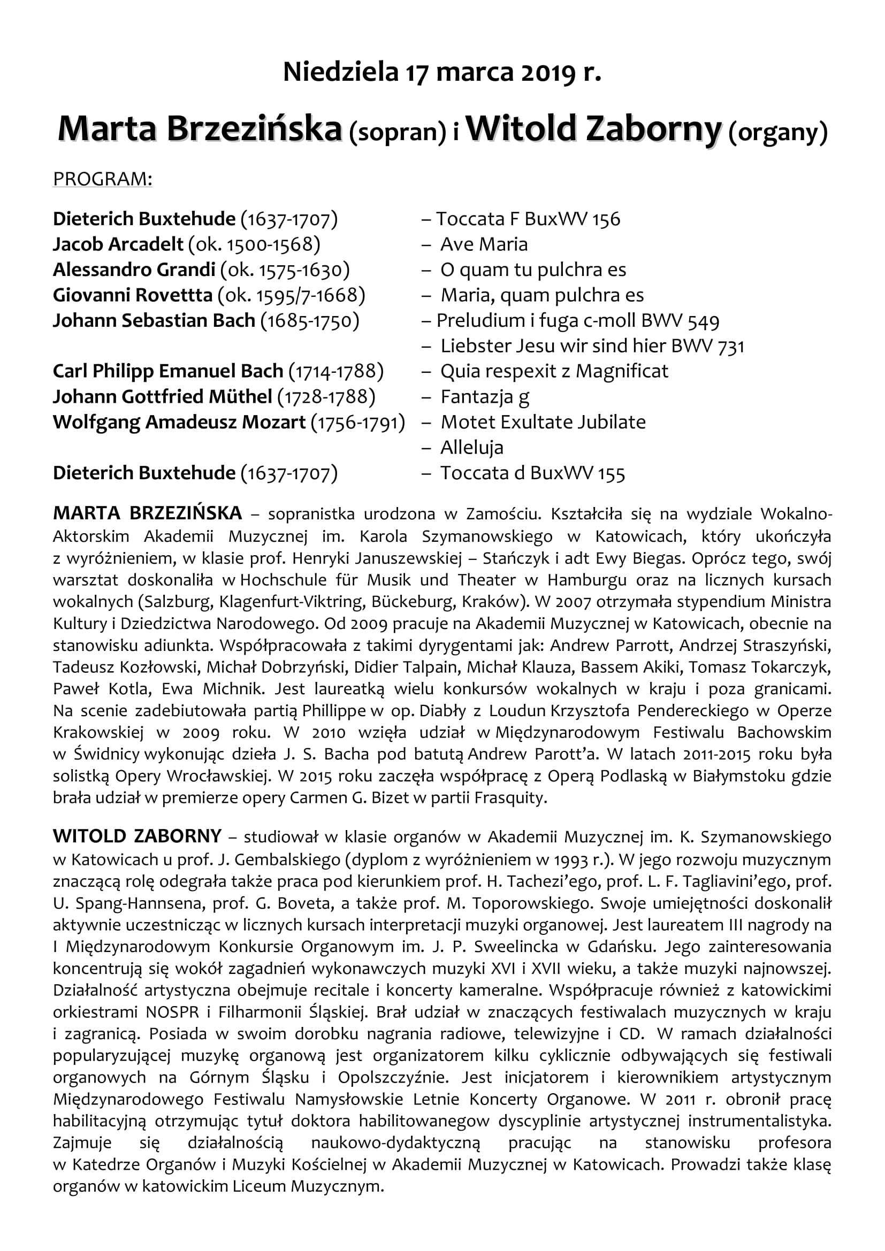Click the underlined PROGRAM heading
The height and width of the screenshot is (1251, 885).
(x=102, y=179)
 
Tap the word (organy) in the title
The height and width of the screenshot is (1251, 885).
(x=778, y=132)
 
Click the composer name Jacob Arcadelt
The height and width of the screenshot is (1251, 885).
(x=118, y=244)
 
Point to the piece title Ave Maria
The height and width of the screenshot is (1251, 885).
(x=484, y=244)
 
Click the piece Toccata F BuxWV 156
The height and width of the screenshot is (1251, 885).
(x=528, y=219)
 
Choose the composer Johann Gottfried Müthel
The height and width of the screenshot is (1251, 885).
(x=163, y=397)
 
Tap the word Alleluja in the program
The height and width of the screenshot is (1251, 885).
(x=472, y=448)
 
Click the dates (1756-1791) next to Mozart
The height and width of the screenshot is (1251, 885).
(x=358, y=423)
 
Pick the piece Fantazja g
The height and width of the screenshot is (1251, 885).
(x=484, y=397)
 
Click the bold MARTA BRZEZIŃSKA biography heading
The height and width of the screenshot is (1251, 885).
(x=147, y=513)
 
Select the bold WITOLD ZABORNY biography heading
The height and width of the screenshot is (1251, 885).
(x=137, y=835)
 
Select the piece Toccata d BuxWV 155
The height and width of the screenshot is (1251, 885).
(x=532, y=473)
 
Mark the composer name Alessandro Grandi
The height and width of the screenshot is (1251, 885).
(x=134, y=270)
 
